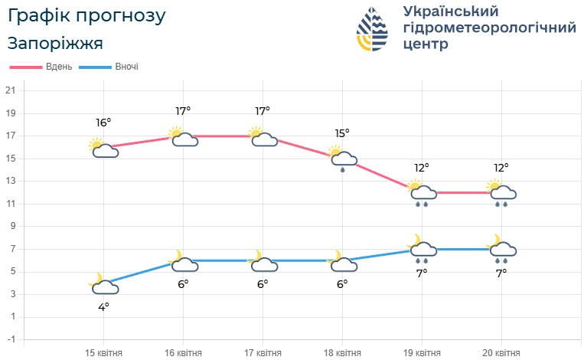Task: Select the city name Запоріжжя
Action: click(x=55, y=43)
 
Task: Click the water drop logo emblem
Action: click(x=373, y=29)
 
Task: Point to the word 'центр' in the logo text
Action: click(x=426, y=44)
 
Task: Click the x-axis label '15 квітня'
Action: click(x=103, y=352)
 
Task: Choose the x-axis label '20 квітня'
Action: click(x=501, y=352)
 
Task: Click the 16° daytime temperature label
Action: click(x=103, y=123)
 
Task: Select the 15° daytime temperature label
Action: click(x=342, y=133)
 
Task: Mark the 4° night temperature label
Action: click(x=103, y=306)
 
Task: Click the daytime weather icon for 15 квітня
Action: click(x=103, y=148)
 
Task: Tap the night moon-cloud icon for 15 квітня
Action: click(x=103, y=285)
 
